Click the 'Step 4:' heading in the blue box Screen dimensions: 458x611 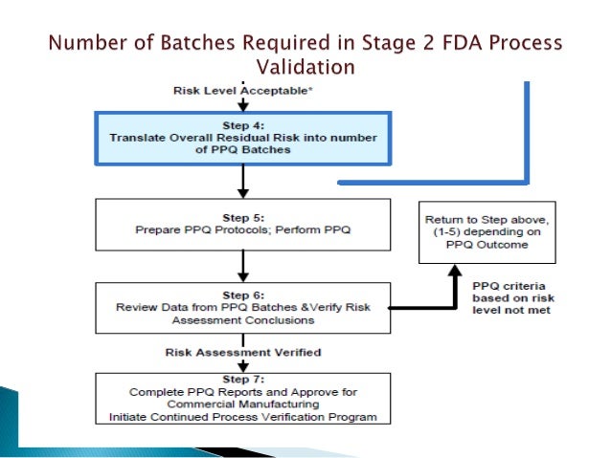click(242, 124)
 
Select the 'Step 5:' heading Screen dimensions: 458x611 click(242, 216)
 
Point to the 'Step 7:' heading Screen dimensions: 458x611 click(242, 380)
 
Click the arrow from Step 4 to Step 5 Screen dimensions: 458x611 click(243, 179)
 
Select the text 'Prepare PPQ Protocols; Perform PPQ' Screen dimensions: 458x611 click(242, 229)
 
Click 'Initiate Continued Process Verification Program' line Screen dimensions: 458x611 click(242, 416)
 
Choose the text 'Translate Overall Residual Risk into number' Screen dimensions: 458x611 click(242, 138)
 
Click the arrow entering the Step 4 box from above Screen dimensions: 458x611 click(243, 103)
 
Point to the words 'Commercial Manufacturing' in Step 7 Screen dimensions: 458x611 click(242, 403)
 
